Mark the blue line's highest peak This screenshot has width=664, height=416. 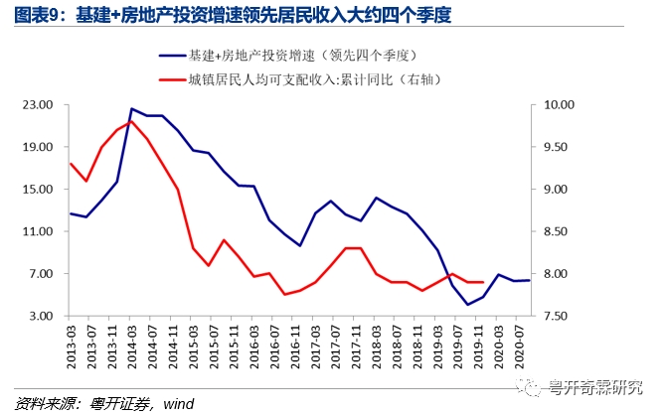(131, 108)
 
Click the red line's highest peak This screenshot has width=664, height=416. (131, 121)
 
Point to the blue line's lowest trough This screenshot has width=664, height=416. (467, 305)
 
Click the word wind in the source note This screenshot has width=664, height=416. (179, 403)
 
